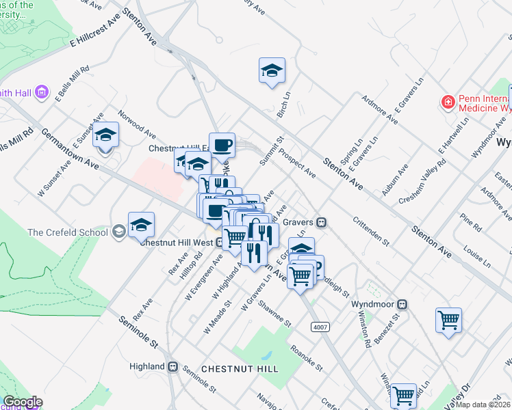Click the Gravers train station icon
(320, 222)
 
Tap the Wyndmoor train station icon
(404, 303)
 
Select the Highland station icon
(172, 367)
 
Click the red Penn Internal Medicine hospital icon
(448, 102)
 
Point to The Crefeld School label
(68, 232)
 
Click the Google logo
(23, 402)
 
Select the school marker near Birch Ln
(272, 70)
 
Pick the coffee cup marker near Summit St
(222, 145)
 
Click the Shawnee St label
(274, 314)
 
